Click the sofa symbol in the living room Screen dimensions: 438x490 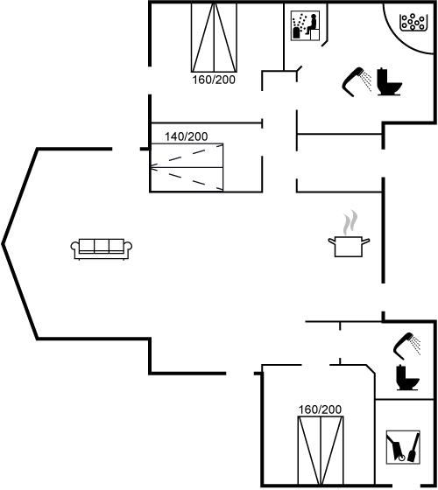(101, 249)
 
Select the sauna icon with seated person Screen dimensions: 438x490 (305, 25)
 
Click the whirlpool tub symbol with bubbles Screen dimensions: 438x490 (413, 22)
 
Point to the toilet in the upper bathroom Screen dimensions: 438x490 (389, 81)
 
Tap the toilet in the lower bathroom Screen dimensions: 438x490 (407, 377)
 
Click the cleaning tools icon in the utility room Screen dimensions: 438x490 (403, 447)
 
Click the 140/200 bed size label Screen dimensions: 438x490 (186, 136)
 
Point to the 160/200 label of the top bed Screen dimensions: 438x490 (214, 80)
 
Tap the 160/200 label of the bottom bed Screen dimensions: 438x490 (320, 409)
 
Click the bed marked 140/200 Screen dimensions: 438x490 (187, 167)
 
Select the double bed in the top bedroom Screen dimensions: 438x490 (214, 38)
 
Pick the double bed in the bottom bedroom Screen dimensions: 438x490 (321, 451)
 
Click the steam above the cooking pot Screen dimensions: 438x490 (350, 222)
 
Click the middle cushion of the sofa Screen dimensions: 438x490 (102, 245)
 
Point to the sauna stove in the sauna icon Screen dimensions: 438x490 (296, 32)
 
